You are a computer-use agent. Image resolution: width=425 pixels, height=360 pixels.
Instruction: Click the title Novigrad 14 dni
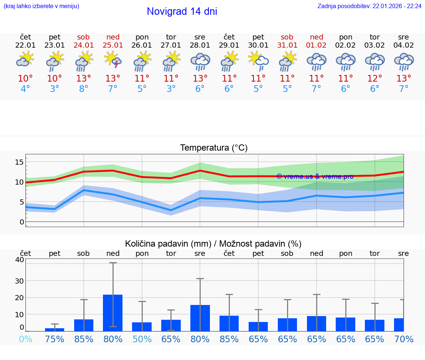(182, 11)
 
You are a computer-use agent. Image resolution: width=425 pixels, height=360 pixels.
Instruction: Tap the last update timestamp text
(369, 6)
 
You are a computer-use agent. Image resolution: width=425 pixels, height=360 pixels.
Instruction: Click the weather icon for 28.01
(200, 61)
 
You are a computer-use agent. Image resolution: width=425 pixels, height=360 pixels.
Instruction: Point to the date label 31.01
(287, 45)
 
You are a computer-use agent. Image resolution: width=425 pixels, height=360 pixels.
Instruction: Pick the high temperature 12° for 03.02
(375, 78)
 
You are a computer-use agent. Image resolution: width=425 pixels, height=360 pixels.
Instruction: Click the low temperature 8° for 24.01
(84, 89)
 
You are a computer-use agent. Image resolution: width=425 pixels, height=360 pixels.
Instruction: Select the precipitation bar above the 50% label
(142, 326)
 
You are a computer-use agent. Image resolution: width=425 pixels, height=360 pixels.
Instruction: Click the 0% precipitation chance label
(25, 339)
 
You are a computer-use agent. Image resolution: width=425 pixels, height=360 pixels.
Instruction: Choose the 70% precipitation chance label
(404, 339)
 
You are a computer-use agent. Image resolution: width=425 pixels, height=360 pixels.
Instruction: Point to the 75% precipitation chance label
(55, 339)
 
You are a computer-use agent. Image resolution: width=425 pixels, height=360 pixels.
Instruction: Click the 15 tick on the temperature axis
(20, 162)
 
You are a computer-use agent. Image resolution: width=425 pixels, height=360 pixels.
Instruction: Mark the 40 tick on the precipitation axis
(20, 260)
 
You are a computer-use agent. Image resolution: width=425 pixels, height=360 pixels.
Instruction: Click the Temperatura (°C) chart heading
(214, 148)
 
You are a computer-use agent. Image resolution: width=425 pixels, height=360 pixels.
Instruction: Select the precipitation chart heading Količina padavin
(213, 244)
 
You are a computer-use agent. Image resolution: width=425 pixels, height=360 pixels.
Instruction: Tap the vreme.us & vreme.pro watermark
(315, 176)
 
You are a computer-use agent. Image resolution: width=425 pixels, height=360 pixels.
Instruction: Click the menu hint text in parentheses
(41, 6)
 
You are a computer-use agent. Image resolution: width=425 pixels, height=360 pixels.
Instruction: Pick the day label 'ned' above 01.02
(317, 37)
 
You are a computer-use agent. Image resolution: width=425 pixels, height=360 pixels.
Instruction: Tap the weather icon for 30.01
(258, 61)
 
